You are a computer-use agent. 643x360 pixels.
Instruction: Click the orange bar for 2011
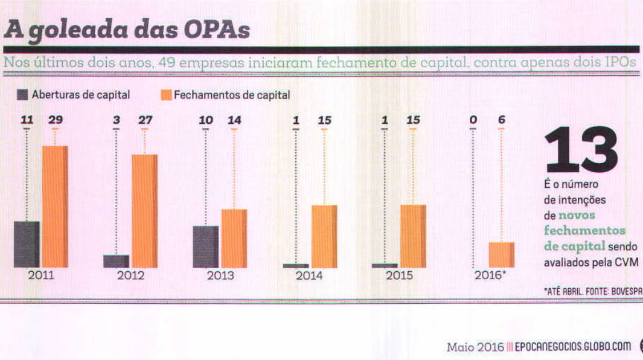point(54,207)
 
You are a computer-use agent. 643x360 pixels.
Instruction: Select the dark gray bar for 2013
point(205,246)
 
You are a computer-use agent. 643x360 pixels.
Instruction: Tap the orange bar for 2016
point(501,254)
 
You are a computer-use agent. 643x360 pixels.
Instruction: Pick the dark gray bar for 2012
point(115,261)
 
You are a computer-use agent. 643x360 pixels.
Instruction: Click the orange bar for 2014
point(324,236)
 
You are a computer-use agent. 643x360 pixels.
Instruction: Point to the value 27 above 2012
point(145,120)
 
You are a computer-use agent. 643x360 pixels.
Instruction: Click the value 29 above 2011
point(56,120)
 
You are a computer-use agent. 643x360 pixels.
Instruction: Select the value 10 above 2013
point(206,120)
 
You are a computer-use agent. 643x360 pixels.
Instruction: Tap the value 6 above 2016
point(502,120)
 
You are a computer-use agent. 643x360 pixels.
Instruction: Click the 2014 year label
point(309,276)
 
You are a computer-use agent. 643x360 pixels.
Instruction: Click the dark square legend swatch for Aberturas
point(23,95)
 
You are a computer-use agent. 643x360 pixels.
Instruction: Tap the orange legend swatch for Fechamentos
point(165,95)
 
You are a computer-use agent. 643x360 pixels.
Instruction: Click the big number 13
point(581,150)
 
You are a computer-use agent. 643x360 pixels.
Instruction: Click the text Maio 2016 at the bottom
point(475,347)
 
